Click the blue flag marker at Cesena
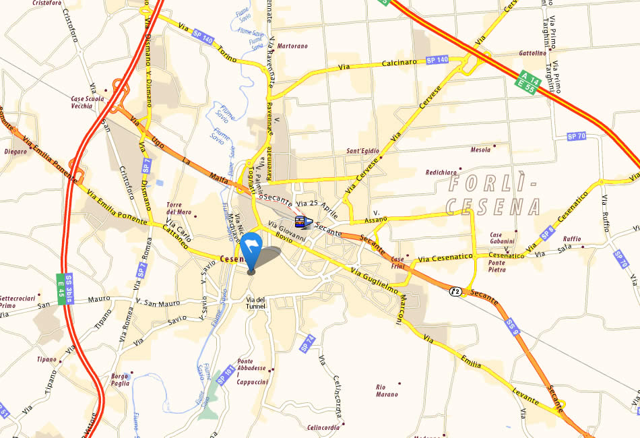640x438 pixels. coord(252,247)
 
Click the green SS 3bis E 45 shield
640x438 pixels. coord(64,289)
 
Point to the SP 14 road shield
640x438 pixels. coord(307,343)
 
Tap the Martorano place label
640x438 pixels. coord(293,46)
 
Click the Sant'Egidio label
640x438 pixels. coord(362,151)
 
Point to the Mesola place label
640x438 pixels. coord(481,150)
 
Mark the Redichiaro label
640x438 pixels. coord(441,173)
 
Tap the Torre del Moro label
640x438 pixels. coord(179,208)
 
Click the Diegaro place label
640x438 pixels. coord(15,152)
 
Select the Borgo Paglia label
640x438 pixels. coord(120,379)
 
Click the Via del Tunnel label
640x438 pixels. coord(256,303)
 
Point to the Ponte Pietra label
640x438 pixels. coord(497,265)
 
